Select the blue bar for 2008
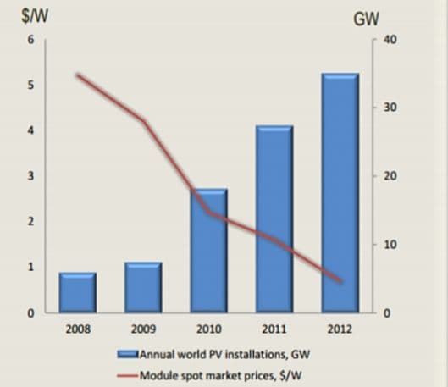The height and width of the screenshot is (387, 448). click(x=77, y=292)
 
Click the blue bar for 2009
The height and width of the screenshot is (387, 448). click(x=143, y=287)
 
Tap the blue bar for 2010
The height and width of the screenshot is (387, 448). click(x=208, y=254)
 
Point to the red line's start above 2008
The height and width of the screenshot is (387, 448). click(x=77, y=75)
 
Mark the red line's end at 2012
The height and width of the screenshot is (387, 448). click(x=340, y=281)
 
